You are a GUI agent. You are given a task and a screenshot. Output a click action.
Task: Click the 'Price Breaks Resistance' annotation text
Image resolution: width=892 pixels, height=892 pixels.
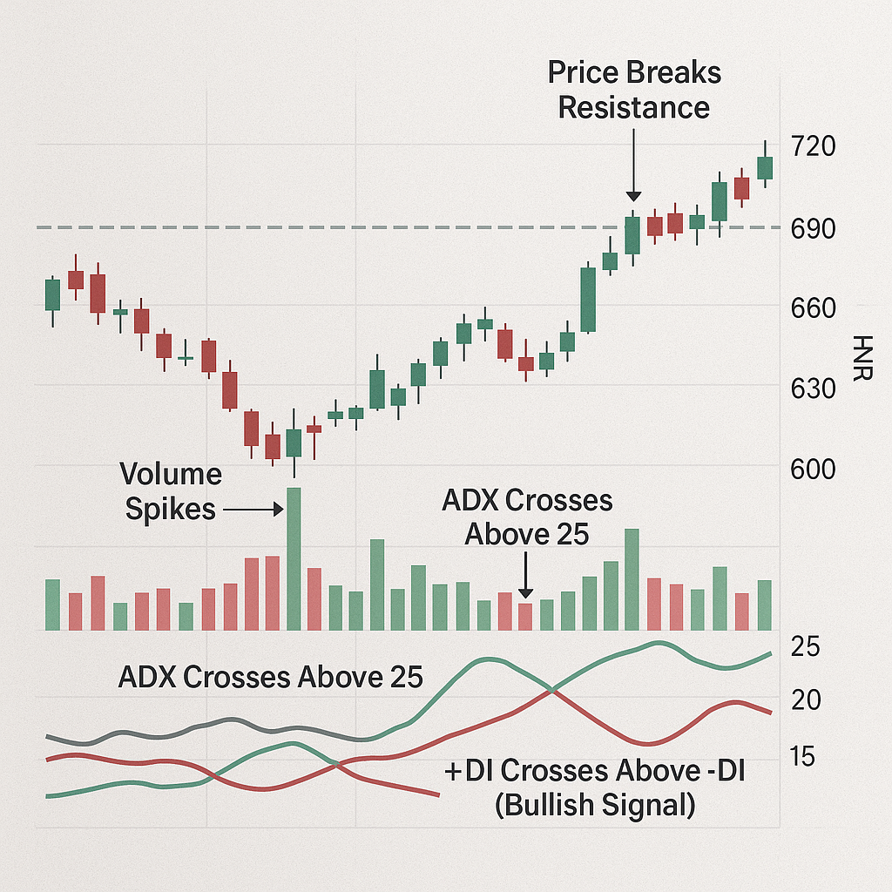coord(634,90)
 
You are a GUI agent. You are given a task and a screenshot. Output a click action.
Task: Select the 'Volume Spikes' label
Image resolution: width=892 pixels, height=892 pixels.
coord(171,491)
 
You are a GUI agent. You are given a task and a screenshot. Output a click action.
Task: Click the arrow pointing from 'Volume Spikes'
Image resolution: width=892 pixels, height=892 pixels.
coord(253,509)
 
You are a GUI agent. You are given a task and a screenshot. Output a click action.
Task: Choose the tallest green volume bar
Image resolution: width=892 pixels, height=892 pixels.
coord(294,558)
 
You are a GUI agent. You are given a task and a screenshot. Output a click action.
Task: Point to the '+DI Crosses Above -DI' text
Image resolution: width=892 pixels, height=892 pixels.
coord(594,771)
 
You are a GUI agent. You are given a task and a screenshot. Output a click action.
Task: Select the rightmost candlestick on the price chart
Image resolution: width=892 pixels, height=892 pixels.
coord(765,166)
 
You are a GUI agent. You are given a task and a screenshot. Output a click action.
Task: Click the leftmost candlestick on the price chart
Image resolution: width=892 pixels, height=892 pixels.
coord(53,295)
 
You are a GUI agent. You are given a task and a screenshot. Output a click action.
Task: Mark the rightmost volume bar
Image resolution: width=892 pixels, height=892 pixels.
coord(765,605)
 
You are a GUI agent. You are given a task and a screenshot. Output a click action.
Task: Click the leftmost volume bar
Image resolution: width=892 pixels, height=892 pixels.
coord(53,605)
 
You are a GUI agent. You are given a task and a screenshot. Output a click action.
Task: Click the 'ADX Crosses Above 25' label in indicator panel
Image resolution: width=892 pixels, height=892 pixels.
coord(270,677)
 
